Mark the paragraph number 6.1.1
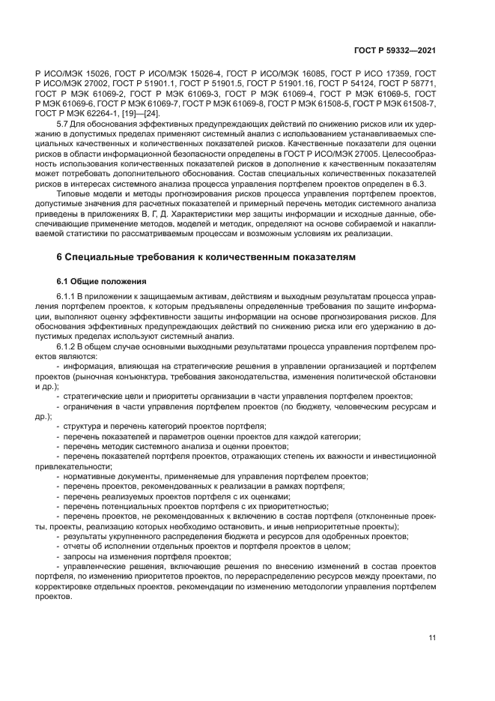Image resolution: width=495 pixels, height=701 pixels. point(67,298)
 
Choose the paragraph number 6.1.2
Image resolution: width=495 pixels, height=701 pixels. point(67,347)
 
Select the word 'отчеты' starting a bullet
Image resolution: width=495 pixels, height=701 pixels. point(79,547)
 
